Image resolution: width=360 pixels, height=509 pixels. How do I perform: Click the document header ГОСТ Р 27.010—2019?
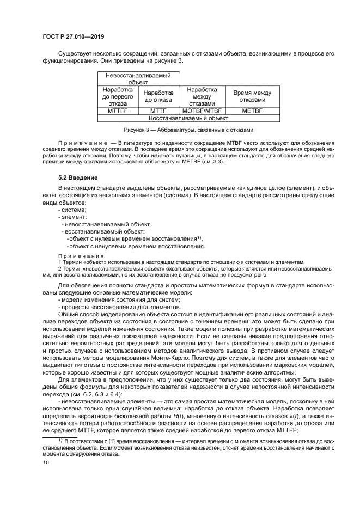pyautogui.click(x=73, y=36)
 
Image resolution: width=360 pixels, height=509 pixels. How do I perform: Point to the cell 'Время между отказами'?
pyautogui.click(x=252, y=96)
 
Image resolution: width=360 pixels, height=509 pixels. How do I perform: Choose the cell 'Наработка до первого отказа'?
pyautogui.click(x=118, y=96)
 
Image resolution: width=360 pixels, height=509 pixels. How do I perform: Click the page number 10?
pyautogui.click(x=46, y=463)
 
